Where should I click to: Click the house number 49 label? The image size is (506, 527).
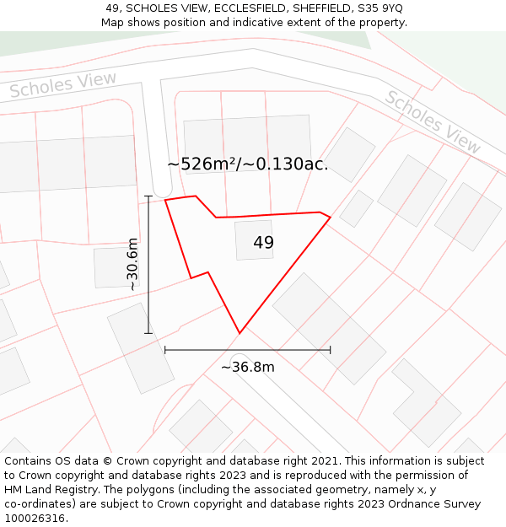pyautogui.click(x=263, y=243)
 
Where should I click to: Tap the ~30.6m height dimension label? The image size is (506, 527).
pyautogui.click(x=132, y=265)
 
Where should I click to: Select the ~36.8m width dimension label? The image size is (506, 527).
pyautogui.click(x=247, y=367)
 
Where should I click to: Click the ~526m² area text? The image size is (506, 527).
pyautogui.click(x=202, y=164)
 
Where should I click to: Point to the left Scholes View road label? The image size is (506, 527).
pyautogui.click(x=63, y=85)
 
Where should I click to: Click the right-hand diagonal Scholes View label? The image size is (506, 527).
pyautogui.click(x=432, y=121)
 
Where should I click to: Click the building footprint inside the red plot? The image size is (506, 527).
pyautogui.click(x=253, y=240)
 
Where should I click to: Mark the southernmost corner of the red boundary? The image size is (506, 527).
pyautogui.click(x=240, y=333)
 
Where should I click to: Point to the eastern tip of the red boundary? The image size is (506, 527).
pyautogui.click(x=330, y=218)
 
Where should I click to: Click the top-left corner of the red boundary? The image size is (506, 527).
pyautogui.click(x=165, y=200)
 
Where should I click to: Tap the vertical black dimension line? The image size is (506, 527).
pyautogui.click(x=148, y=265)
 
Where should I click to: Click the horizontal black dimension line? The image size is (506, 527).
pyautogui.click(x=247, y=349)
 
